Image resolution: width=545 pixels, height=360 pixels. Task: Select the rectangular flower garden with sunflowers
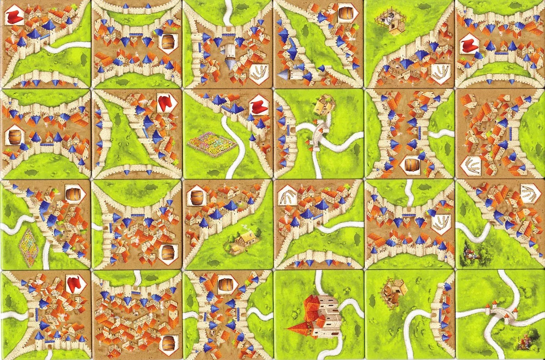point(212,141)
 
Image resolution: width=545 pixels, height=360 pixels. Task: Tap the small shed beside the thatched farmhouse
point(234,248)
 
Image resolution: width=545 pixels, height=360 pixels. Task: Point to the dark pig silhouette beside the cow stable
point(372,298)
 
